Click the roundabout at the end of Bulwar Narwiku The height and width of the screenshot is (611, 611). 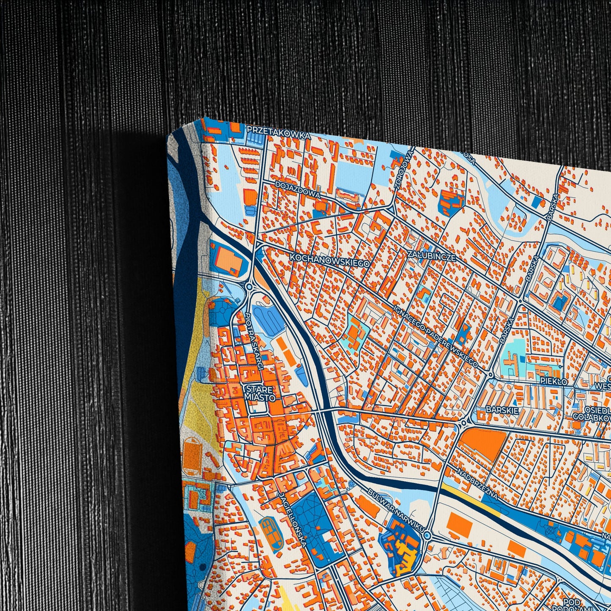tap(427, 536)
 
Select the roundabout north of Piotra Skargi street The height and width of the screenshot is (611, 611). tap(249, 287)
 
